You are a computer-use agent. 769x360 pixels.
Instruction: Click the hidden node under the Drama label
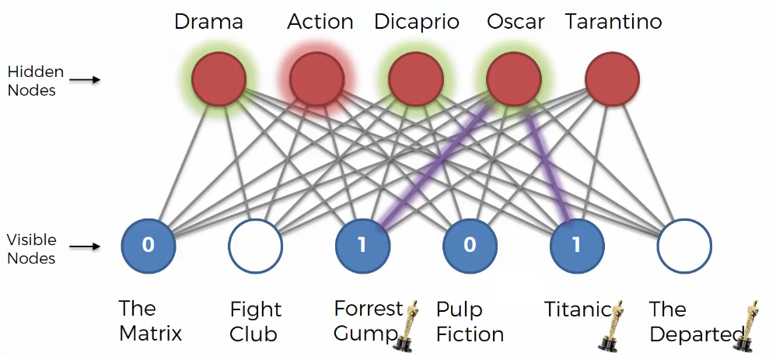pos(218,79)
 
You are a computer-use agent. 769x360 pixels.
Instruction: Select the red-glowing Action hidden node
pos(316,79)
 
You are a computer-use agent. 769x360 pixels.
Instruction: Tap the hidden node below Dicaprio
pos(416,79)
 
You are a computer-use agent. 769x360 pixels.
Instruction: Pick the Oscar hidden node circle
pos(514,79)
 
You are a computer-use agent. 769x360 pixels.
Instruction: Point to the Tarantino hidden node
pos(613,79)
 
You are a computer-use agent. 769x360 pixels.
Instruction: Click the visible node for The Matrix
pos(148,245)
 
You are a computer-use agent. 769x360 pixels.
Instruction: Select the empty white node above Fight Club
pos(256,245)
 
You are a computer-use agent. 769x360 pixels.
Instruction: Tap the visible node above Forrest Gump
pos(362,245)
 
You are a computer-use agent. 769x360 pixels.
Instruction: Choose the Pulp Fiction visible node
pos(470,245)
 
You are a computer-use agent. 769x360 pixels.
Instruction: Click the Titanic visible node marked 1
pos(577,245)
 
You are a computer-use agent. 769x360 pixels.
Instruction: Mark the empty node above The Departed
pos(684,245)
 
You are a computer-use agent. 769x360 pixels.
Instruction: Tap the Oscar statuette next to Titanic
pos(613,326)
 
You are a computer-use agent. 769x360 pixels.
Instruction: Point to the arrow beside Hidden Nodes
pos(85,79)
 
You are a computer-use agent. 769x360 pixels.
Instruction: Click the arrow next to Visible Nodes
pos(85,246)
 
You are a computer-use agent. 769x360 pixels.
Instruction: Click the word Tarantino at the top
pos(613,22)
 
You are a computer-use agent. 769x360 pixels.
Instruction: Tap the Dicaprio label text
pos(417,23)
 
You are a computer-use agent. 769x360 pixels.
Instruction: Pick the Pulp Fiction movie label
pos(470,322)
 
